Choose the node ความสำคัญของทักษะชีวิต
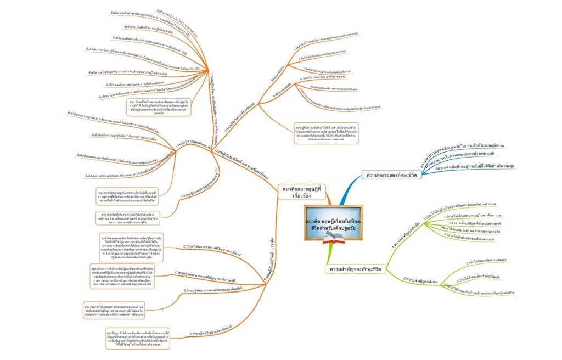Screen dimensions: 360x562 tap(356, 269)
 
